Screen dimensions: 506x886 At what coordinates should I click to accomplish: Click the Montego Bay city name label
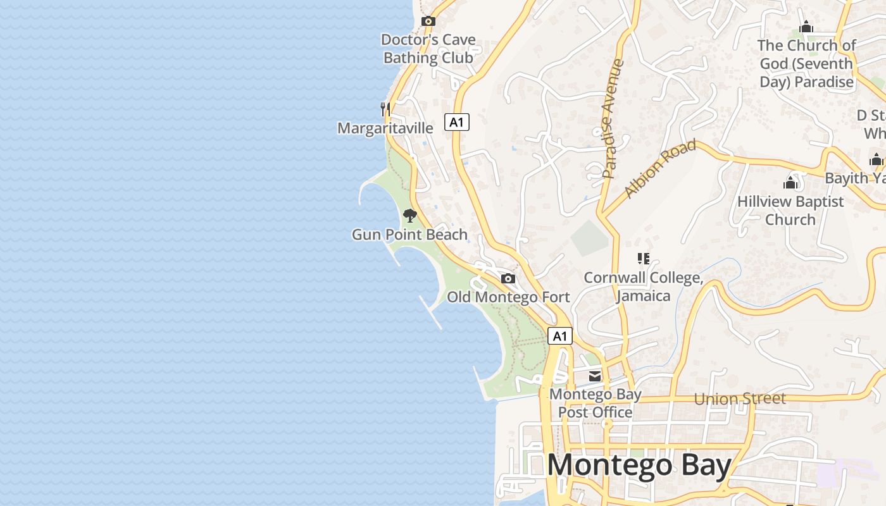[x=639, y=466]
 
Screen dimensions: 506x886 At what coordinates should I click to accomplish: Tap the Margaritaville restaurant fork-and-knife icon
[x=385, y=109]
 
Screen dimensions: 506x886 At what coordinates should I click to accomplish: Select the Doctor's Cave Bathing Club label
[x=428, y=49]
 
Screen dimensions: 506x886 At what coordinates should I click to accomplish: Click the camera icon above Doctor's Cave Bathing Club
[x=428, y=21]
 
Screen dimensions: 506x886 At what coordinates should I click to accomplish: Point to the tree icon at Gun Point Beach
[x=410, y=216]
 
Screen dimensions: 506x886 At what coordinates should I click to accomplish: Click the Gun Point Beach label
[x=409, y=235]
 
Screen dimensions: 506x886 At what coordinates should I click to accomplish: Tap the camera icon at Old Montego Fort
[x=508, y=278]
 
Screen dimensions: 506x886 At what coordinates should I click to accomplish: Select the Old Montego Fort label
[x=508, y=297]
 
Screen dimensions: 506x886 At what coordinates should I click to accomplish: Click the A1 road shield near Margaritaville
[x=456, y=122]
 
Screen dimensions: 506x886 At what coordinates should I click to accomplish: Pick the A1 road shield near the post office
[x=560, y=336]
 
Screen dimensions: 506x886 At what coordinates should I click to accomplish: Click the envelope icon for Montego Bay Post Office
[x=595, y=376]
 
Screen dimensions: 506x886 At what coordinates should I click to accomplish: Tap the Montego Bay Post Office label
[x=595, y=404]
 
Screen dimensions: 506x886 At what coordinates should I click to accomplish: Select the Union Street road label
[x=740, y=398]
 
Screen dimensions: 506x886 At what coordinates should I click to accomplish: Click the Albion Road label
[x=660, y=168]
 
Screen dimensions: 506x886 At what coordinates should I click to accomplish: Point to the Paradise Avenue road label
[x=613, y=118]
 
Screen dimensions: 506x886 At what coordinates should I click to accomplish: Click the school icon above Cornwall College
[x=644, y=259]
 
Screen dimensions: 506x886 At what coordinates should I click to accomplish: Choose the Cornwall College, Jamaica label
[x=643, y=287]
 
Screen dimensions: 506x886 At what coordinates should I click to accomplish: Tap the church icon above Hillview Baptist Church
[x=790, y=183]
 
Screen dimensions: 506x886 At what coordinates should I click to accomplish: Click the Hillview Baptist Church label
[x=790, y=211]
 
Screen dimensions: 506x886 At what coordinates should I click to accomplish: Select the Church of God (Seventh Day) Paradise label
[x=806, y=64]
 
